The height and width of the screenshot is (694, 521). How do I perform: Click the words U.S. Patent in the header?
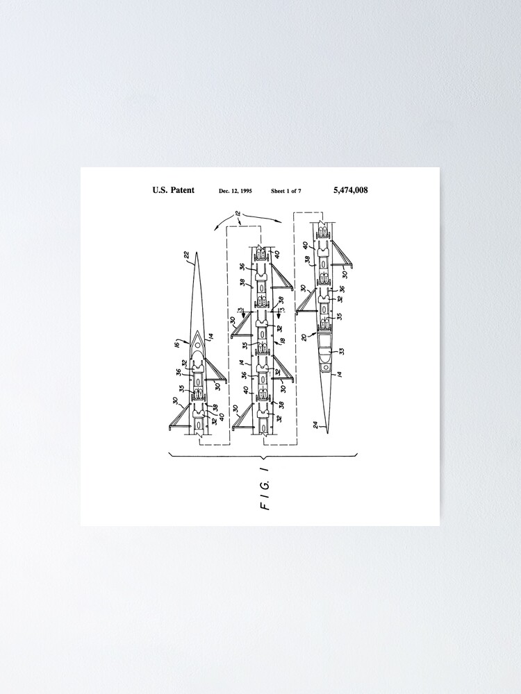(173, 190)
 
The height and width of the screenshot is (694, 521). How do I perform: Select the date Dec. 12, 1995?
(235, 191)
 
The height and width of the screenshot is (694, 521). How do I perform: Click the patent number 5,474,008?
(350, 190)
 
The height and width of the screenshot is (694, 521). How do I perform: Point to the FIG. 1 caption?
(264, 494)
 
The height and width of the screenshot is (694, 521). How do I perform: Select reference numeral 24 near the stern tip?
(317, 425)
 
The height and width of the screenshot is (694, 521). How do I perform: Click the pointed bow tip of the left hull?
(197, 253)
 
